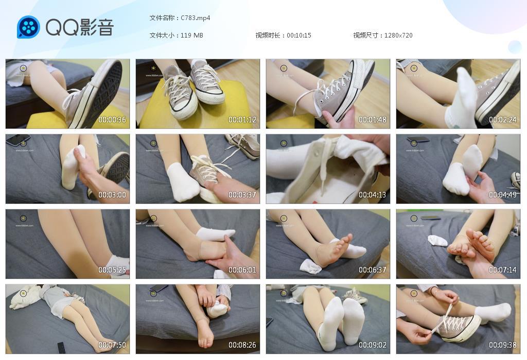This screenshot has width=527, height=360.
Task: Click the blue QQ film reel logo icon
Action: [28, 27]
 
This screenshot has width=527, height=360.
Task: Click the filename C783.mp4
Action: [196, 17]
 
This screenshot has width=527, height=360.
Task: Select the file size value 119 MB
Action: [192, 35]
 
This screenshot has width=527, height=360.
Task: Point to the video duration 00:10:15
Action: [299, 35]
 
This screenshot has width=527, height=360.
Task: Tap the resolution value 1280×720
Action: [398, 35]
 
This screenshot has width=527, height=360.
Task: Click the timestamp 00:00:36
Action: [112, 120]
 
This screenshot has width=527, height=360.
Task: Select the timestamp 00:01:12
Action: [242, 120]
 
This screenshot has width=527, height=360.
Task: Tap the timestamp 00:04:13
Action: [373, 195]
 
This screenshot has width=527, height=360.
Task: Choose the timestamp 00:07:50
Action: [112, 345]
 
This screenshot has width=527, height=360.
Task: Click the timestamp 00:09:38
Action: [503, 345]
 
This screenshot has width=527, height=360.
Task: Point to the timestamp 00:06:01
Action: [242, 270]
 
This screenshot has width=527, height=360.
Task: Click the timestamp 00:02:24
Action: [503, 120]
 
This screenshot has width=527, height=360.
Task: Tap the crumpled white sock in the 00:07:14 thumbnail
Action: [437, 241]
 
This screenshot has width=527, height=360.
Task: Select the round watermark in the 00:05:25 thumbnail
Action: [23, 218]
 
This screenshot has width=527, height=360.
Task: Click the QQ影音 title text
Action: [79, 27]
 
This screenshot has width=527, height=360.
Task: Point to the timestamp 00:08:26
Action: [242, 345]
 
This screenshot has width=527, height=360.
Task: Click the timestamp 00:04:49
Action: [503, 195]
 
